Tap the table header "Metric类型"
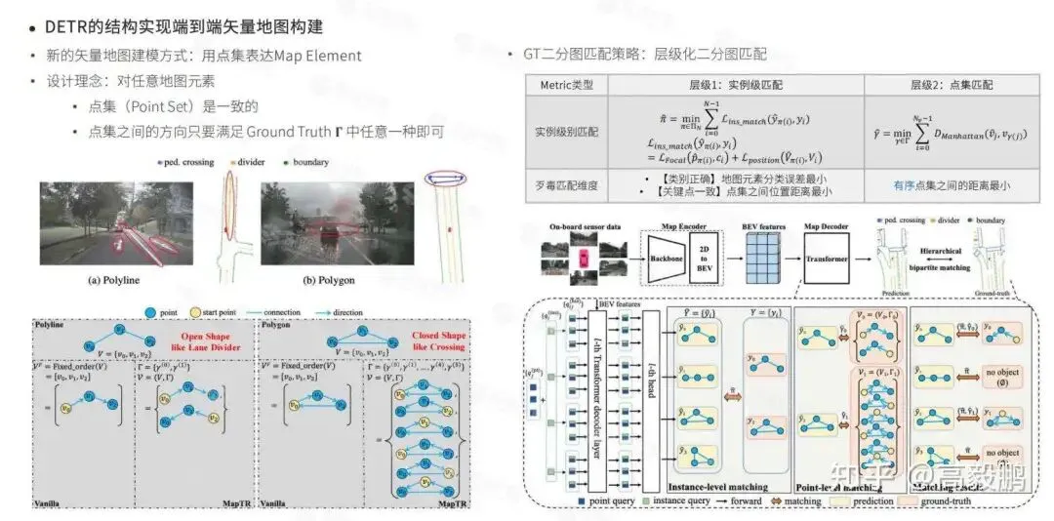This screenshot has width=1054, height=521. click(566, 85)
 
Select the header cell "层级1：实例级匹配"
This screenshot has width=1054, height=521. click(736, 85)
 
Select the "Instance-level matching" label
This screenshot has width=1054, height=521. click(718, 486)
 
